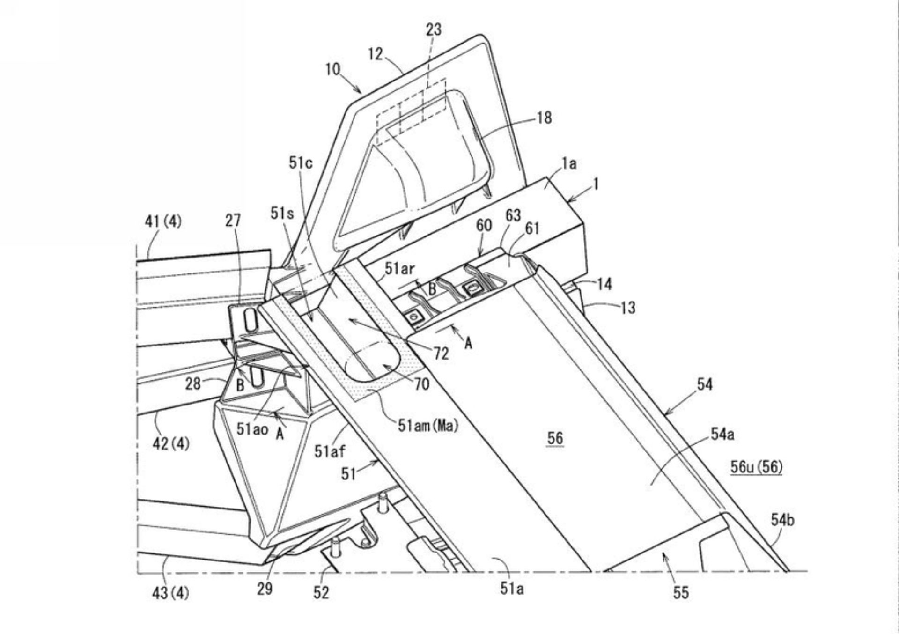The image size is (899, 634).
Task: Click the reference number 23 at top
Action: click(433, 29)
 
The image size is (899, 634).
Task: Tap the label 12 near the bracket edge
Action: click(376, 54)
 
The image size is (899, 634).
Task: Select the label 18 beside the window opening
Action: click(544, 118)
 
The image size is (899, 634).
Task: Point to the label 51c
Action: click(301, 163)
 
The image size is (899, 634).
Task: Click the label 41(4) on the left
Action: click(163, 221)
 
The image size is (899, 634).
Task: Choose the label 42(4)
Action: click(171, 442)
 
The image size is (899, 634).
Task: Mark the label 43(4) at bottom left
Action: click(170, 593)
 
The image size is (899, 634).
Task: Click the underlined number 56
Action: click(555, 438)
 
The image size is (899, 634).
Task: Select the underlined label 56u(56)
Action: click(756, 466)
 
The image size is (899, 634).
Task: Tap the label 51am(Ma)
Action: click(427, 425)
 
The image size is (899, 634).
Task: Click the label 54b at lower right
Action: click(782, 519)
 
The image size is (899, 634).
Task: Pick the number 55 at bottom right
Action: click(681, 593)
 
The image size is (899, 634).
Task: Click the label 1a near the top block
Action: click(569, 163)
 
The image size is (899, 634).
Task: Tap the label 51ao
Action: click(252, 429)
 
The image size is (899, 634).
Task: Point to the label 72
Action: click(441, 353)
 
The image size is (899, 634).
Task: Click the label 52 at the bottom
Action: click(321, 592)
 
